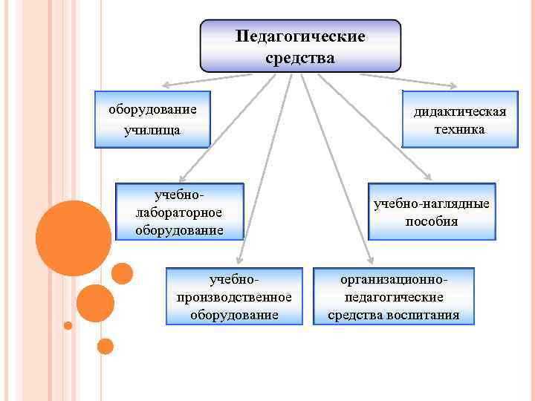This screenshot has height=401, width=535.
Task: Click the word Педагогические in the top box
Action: pyautogui.click(x=300, y=36)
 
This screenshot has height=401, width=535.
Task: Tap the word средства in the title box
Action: pyautogui.click(x=300, y=57)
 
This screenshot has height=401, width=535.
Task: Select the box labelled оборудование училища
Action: pyautogui.click(x=153, y=120)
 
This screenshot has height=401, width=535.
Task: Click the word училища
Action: pyautogui.click(x=153, y=131)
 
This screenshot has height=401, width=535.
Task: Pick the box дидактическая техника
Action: pyautogui.click(x=460, y=120)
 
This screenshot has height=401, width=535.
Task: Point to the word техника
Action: pyautogui.click(x=460, y=129)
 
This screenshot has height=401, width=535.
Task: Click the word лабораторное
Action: pyautogui.click(x=180, y=212)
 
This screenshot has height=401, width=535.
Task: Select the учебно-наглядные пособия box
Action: pyautogui.click(x=432, y=212)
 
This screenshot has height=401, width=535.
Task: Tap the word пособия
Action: pyautogui.click(x=432, y=221)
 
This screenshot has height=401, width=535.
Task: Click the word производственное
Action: pyautogui.click(x=234, y=297)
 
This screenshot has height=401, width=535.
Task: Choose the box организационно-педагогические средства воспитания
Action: pyautogui.click(x=394, y=296)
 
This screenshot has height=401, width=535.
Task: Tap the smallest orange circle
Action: pyautogui.click(x=68, y=325)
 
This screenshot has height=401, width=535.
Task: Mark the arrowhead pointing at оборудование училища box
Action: pyautogui.click(x=166, y=85)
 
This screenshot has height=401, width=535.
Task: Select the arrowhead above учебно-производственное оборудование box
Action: pyautogui.click(x=238, y=261)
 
